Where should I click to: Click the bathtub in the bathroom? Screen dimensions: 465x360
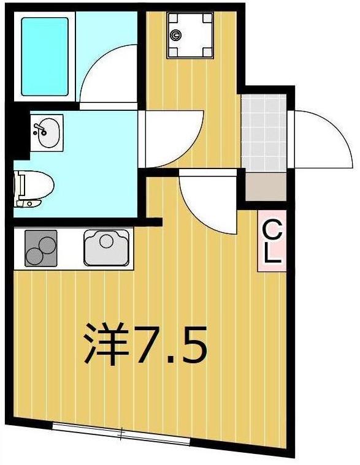(x=45, y=56)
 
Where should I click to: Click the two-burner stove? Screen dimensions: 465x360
(x=40, y=248)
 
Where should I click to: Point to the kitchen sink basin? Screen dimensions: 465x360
(x=107, y=248)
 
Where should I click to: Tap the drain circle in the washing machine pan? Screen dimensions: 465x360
(x=177, y=36)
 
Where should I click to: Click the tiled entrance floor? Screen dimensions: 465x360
(x=264, y=132)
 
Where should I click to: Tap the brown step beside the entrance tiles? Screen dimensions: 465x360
(x=266, y=187)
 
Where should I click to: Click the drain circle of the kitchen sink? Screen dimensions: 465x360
(x=107, y=240)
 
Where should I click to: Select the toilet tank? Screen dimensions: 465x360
(x=20, y=186)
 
